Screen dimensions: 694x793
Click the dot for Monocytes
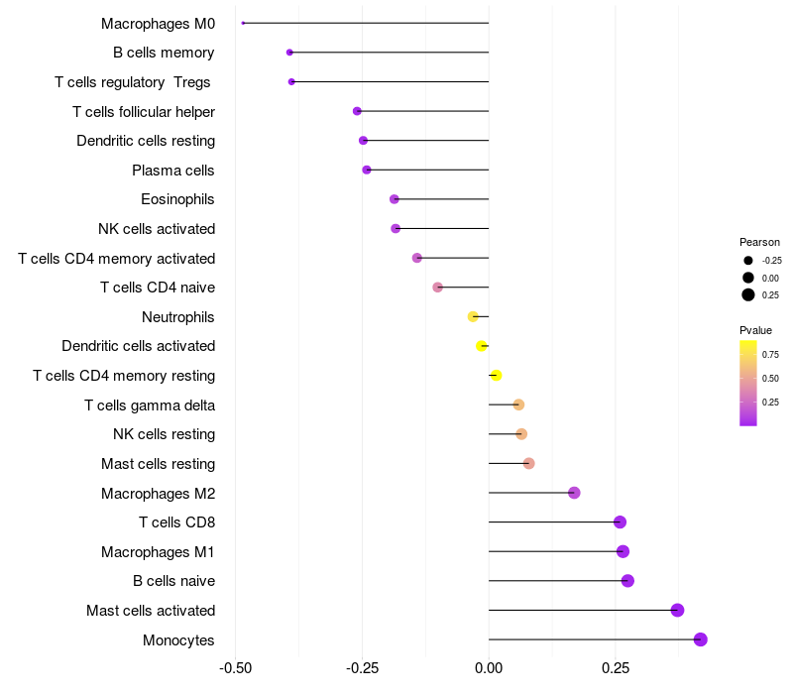pyautogui.click(x=700, y=639)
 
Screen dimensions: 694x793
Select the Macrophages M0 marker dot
pyautogui.click(x=243, y=23)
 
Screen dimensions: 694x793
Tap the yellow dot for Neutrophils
pyautogui.click(x=473, y=316)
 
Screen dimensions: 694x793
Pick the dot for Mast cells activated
pyautogui.click(x=677, y=610)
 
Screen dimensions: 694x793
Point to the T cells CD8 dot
pyautogui.click(x=620, y=522)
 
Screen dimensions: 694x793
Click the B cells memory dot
pyautogui.click(x=289, y=53)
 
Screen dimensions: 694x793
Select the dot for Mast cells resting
pyautogui.click(x=528, y=463)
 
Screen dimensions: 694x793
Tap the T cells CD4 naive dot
pyautogui.click(x=437, y=288)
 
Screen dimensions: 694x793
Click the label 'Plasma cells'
pyautogui.click(x=173, y=171)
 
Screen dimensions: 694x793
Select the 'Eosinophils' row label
pyautogui.click(x=177, y=199)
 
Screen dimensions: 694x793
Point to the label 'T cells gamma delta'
pyautogui.click(x=150, y=405)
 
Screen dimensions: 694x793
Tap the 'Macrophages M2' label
pyautogui.click(x=158, y=493)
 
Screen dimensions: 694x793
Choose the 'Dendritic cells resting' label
pyautogui.click(x=146, y=141)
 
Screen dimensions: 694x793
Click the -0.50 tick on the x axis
pyautogui.click(x=235, y=668)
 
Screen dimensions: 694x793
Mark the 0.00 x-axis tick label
pyautogui.click(x=489, y=668)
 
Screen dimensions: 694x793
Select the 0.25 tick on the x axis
pyautogui.click(x=615, y=668)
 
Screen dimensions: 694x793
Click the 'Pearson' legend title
pyautogui.click(x=759, y=242)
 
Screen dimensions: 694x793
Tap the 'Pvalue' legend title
pyautogui.click(x=755, y=330)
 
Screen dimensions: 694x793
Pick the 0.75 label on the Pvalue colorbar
pyautogui.click(x=770, y=354)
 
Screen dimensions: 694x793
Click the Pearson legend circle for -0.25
pyautogui.click(x=748, y=261)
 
